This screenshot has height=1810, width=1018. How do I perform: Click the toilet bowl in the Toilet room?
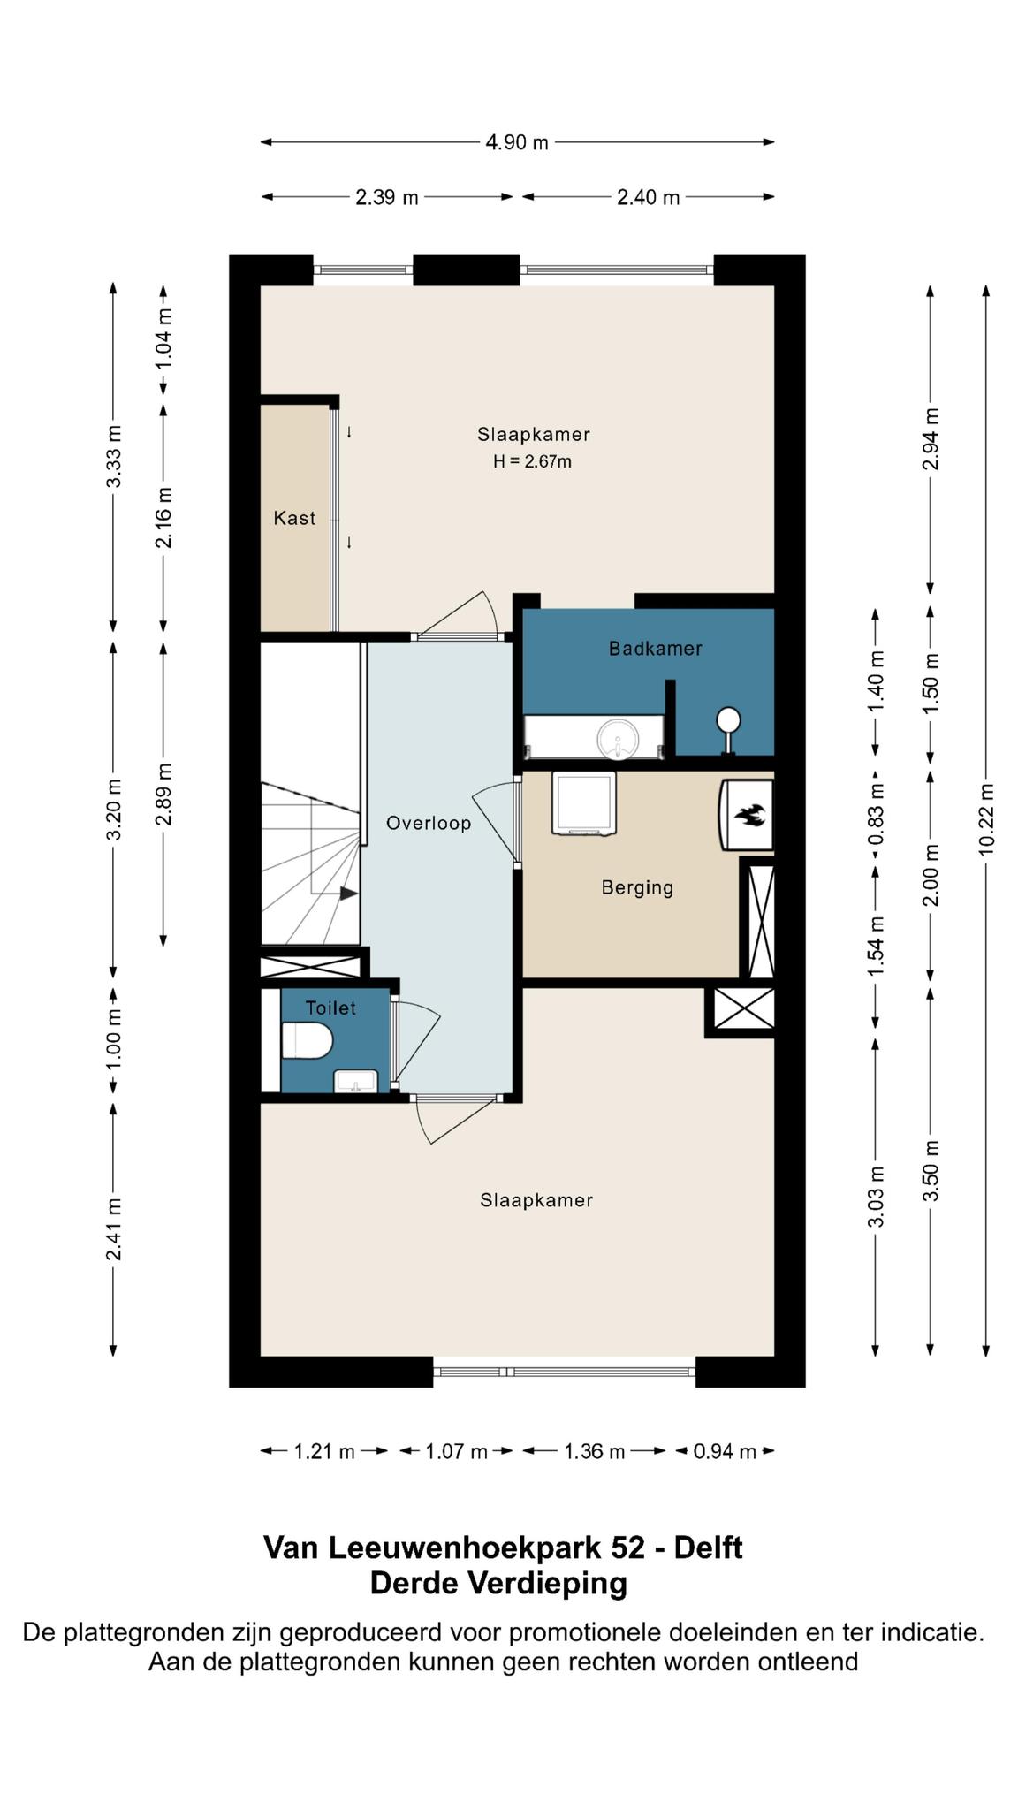[307, 1040]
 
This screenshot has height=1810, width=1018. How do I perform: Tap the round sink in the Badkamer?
[618, 739]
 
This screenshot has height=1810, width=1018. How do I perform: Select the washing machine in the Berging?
[583, 803]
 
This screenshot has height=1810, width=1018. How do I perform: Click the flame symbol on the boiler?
[749, 815]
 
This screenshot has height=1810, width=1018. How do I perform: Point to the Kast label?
[294, 518]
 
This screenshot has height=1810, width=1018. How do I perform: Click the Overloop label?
[429, 823]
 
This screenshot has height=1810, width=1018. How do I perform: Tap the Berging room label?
[637, 887]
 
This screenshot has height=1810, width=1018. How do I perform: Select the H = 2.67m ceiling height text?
[532, 461]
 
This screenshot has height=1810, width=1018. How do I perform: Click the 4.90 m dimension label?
[517, 142]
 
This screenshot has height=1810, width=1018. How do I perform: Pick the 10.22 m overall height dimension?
[986, 818]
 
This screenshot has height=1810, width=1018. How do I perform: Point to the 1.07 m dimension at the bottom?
[456, 1451]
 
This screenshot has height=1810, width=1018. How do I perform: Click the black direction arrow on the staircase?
[349, 894]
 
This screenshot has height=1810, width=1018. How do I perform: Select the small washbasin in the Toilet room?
[356, 1081]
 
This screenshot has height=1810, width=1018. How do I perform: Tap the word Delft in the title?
[708, 1548]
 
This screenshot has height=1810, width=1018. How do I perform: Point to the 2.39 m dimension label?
[387, 197]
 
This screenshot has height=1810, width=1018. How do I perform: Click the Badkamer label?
[656, 649]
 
